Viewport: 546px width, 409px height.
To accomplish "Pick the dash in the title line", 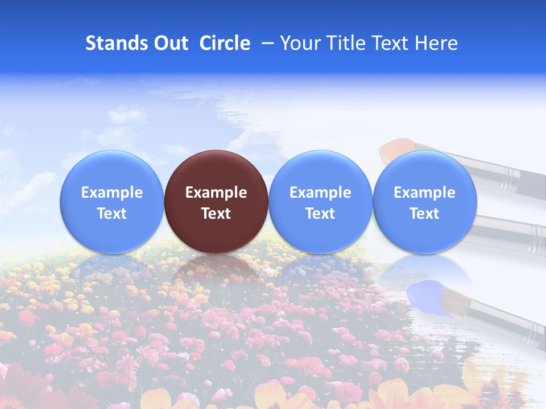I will pyautogui.click(x=265, y=44).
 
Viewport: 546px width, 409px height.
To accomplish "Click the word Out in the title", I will pyautogui.click(x=170, y=43).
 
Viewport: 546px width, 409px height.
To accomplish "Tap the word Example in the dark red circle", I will pyautogui.click(x=216, y=193).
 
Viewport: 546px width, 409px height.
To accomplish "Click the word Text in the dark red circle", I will pyautogui.click(x=216, y=214).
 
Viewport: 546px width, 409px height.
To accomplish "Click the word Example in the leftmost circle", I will pyautogui.click(x=112, y=193).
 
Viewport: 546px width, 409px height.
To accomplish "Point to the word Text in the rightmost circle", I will pyautogui.click(x=424, y=214).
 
